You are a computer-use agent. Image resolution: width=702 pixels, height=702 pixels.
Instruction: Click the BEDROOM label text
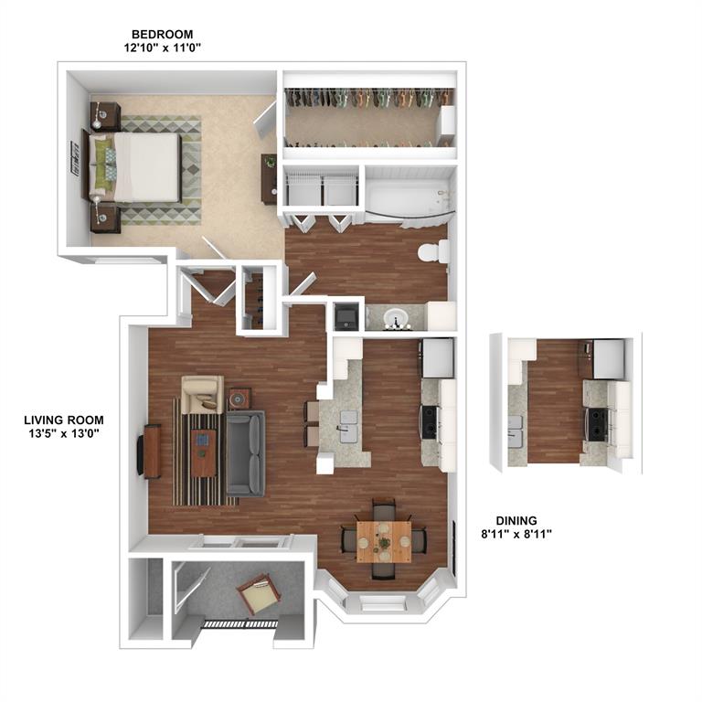click(x=162, y=34)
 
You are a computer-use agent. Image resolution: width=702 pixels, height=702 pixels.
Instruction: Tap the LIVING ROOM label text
click(x=64, y=420)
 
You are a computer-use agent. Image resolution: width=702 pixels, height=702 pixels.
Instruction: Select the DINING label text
click(x=516, y=520)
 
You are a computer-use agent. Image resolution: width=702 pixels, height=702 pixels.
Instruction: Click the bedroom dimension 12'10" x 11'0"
click(x=162, y=48)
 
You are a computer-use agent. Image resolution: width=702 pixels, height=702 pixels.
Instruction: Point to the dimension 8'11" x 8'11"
click(x=516, y=534)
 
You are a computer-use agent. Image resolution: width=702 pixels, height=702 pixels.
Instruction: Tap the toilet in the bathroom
click(x=433, y=251)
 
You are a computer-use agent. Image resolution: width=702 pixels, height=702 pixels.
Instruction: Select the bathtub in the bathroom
click(x=409, y=197)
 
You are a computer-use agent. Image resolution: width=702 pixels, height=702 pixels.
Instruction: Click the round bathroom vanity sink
click(x=396, y=318)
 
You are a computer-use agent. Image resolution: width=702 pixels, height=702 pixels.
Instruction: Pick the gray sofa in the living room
click(x=245, y=453)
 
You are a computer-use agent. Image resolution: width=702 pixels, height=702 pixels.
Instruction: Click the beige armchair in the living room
click(x=202, y=395)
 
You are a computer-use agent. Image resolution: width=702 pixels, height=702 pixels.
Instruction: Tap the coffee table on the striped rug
click(x=203, y=452)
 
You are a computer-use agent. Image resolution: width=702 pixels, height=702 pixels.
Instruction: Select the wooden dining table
click(x=384, y=542)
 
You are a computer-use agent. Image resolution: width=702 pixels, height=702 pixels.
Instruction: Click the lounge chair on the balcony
click(x=259, y=594)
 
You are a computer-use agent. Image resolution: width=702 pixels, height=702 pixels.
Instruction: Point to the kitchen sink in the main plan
click(x=349, y=427)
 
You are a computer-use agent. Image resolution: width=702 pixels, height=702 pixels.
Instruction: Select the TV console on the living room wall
click(x=150, y=452)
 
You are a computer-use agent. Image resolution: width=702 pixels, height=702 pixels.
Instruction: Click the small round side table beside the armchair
click(x=239, y=399)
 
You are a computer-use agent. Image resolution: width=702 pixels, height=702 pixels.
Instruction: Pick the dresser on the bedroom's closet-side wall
click(x=270, y=179)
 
